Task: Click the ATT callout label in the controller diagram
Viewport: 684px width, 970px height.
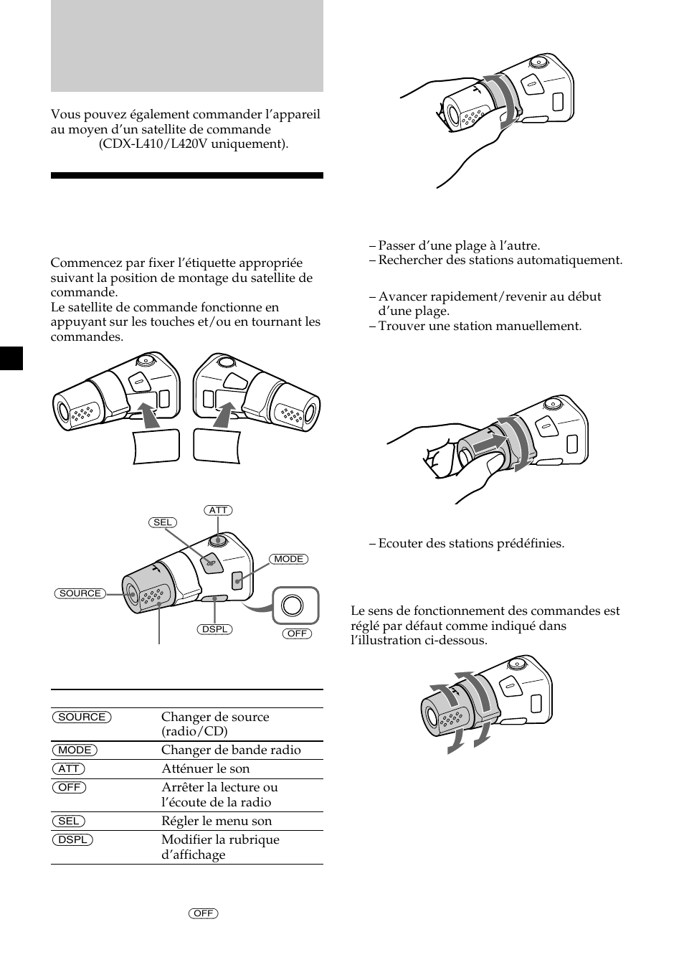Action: pyautogui.click(x=218, y=510)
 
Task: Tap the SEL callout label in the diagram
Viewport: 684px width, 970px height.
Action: pyautogui.click(x=163, y=522)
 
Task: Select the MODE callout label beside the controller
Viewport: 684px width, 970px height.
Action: pyautogui.click(x=289, y=559)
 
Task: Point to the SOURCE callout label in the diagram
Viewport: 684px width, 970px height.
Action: pyautogui.click(x=80, y=593)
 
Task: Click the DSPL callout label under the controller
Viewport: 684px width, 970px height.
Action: pyautogui.click(x=214, y=629)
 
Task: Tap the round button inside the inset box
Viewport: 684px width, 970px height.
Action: pyautogui.click(x=293, y=606)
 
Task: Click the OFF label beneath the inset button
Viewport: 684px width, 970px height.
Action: pyautogui.click(x=297, y=634)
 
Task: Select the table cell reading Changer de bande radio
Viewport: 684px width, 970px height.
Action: pyautogui.click(x=231, y=750)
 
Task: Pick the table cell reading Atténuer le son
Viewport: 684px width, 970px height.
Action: pyautogui.click(x=206, y=768)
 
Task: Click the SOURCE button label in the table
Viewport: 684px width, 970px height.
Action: pyautogui.click(x=82, y=717)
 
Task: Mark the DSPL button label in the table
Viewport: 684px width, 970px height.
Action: pyautogui.click(x=72, y=839)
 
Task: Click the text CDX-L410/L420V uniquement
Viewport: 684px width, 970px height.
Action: pyautogui.click(x=194, y=143)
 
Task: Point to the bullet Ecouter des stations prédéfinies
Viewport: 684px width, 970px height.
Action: pyautogui.click(x=471, y=543)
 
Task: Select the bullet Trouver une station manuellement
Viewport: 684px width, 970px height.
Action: pyautogui.click(x=480, y=326)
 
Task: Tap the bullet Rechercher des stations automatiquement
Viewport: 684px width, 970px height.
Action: pyautogui.click(x=500, y=260)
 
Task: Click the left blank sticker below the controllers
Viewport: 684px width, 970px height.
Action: pyautogui.click(x=156, y=446)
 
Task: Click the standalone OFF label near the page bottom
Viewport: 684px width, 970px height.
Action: pyautogui.click(x=204, y=913)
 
